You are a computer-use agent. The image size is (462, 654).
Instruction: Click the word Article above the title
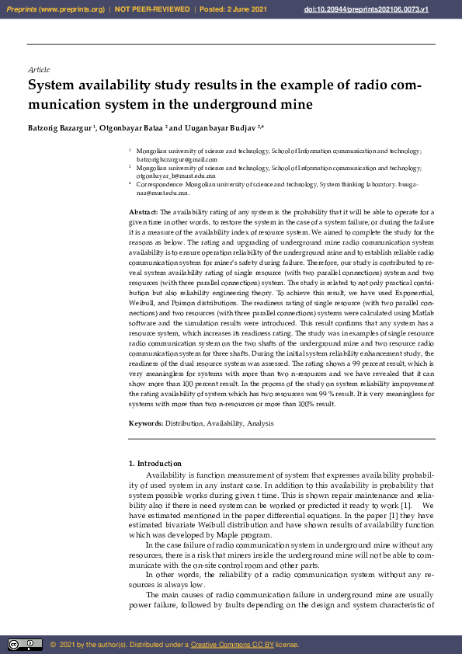(x=38, y=70)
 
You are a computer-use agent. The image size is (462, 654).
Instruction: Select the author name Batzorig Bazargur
(x=60, y=127)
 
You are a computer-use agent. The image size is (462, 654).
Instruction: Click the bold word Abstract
(x=143, y=211)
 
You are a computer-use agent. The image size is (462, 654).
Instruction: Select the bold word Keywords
(x=146, y=423)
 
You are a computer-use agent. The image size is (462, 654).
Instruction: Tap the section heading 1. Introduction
(x=154, y=464)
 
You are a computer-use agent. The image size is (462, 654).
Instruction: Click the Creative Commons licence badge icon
(x=25, y=645)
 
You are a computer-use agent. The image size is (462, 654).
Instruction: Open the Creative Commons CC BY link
(x=228, y=645)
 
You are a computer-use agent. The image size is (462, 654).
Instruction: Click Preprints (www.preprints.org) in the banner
(x=55, y=9)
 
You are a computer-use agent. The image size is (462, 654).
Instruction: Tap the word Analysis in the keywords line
(x=260, y=423)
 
